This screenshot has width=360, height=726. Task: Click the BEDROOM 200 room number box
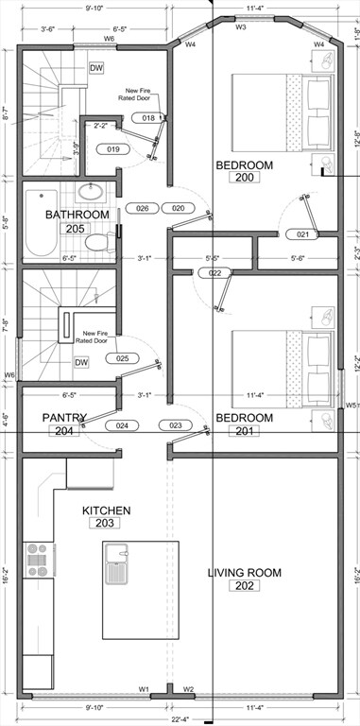pos(244,177)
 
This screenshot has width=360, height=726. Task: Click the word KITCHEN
pos(106,510)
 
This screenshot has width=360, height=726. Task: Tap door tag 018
pos(149,118)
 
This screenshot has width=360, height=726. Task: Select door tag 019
pos(112,149)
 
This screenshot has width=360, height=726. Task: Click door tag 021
pos(302,234)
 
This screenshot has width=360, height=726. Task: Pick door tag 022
pos(215,273)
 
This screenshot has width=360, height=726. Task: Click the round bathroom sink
pos(92,192)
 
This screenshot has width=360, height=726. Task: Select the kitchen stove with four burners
pos(39,560)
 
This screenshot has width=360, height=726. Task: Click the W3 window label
pos(241,27)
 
